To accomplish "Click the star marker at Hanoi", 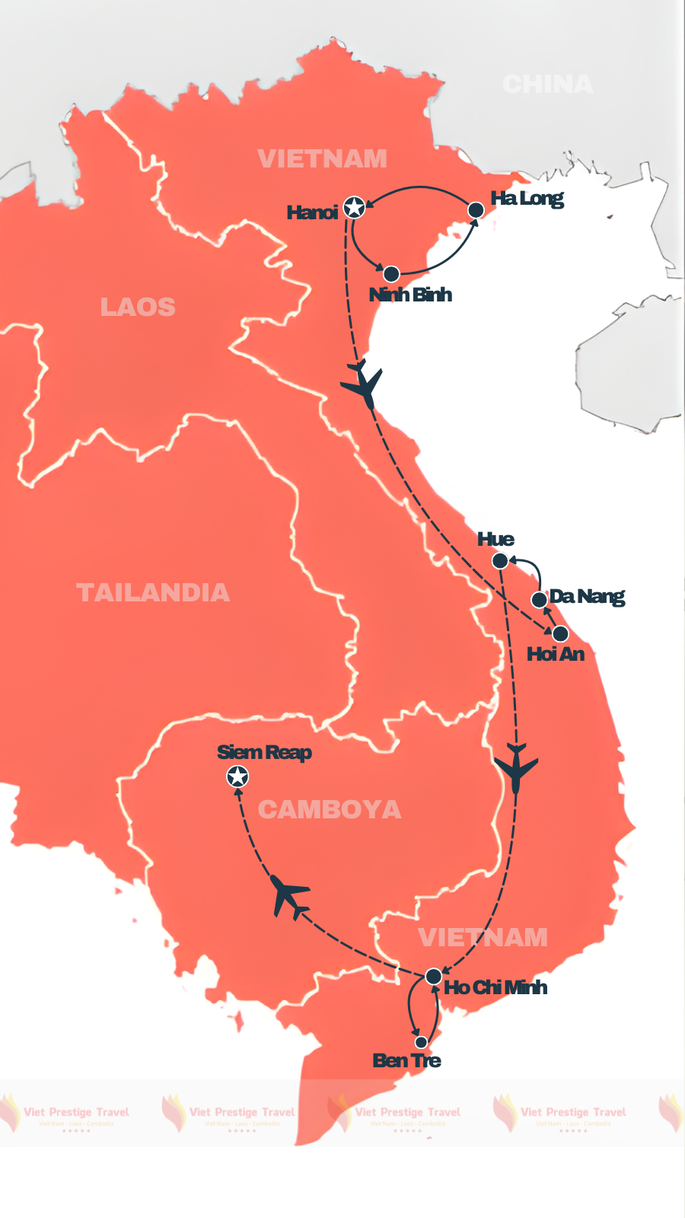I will (x=354, y=207).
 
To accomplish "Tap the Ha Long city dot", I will (x=475, y=210).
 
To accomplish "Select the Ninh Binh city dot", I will (x=391, y=274).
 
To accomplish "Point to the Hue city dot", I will (x=500, y=561).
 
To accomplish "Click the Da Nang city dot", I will (x=539, y=600).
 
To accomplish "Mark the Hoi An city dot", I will (x=560, y=633).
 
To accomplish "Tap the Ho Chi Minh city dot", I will (x=433, y=976).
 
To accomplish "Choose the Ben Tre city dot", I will (x=421, y=1042).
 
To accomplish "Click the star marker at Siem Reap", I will (x=237, y=776).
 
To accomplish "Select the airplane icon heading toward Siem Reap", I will (x=289, y=896).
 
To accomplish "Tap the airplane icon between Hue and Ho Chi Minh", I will (x=516, y=769).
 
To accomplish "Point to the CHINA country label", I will (x=547, y=84).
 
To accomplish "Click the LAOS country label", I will (x=138, y=307).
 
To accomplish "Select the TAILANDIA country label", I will (x=152, y=592).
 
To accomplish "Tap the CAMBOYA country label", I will (x=329, y=809).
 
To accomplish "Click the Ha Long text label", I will (x=527, y=199).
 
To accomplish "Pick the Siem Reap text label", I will (x=264, y=753).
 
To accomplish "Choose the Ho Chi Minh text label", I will (x=495, y=988).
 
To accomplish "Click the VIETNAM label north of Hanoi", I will (x=322, y=158).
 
